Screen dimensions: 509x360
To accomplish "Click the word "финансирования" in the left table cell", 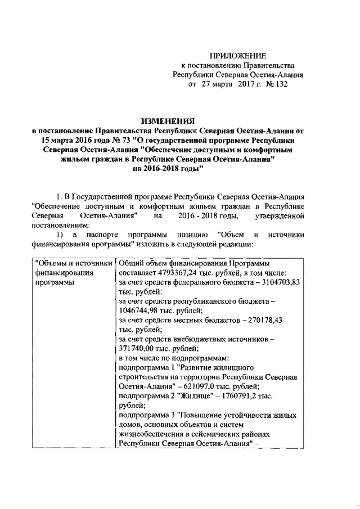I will (62, 273).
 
